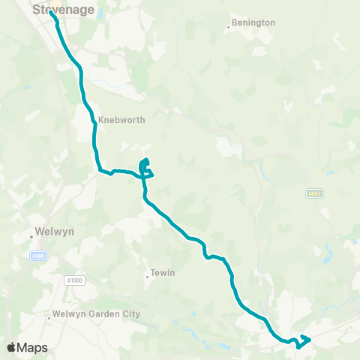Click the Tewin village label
pyautogui.click(x=163, y=273)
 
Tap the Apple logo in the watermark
pyautogui.click(x=11, y=347)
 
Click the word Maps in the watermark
pyautogui.click(x=33, y=347)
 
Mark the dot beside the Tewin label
pyautogui.click(x=147, y=276)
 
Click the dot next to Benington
pyautogui.click(x=228, y=28)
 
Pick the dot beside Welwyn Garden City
pyautogui.click(x=46, y=315)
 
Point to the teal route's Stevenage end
pyautogui.click(x=50, y=12)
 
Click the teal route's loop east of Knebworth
pyautogui.click(x=146, y=167)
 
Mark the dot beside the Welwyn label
pyautogui.click(x=31, y=237)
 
